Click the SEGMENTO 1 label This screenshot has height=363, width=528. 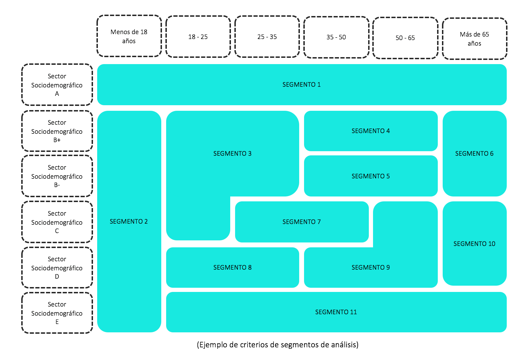[x=301, y=85]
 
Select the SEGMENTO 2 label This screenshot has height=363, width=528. [x=129, y=222]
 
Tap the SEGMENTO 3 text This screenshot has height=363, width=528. [x=232, y=154]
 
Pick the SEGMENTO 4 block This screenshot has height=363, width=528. [x=371, y=131]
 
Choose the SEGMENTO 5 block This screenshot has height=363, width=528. [x=371, y=176]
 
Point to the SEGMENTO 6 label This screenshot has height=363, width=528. [x=474, y=154]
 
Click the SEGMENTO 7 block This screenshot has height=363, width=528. [x=302, y=222]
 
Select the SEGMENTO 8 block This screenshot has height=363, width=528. [x=232, y=268]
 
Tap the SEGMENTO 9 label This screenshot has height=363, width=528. [x=371, y=268]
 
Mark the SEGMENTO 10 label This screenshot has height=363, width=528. [x=474, y=244]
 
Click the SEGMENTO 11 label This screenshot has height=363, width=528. [x=336, y=312]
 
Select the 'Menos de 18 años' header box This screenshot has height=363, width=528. [x=129, y=36]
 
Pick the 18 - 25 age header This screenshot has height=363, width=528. [x=198, y=37]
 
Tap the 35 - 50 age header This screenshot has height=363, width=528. [x=336, y=37]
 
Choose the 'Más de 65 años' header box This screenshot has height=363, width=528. [x=474, y=39]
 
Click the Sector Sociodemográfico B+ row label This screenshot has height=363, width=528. [x=57, y=131]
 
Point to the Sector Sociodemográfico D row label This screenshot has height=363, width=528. [x=57, y=268]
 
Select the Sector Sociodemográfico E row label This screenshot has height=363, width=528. [x=57, y=313]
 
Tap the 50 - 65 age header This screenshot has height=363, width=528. [x=405, y=38]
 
